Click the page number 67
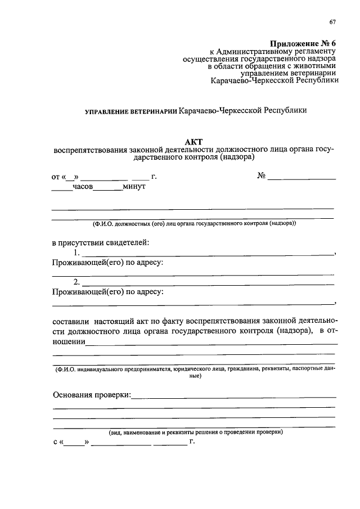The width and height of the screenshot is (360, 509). pos(332,22)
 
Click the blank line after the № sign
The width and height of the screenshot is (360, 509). pos(301,178)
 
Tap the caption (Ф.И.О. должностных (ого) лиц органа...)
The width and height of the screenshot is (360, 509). pos(193,223)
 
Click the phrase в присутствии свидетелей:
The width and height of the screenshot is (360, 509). pos(101,243)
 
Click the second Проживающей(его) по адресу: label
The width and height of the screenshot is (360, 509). pos(108,292)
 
